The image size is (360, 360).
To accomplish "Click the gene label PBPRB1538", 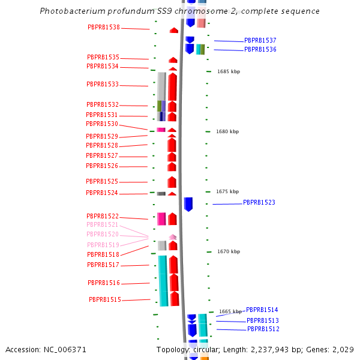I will (104, 28).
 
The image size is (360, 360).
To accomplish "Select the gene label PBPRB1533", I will (103, 85).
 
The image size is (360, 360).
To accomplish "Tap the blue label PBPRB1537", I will (260, 41).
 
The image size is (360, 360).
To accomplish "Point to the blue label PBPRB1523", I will (259, 203).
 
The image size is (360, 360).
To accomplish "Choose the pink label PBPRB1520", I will (103, 235).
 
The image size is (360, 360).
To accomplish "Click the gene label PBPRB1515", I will (105, 300).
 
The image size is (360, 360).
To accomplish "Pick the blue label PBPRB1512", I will (263, 329).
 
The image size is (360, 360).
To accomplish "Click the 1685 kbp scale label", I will (229, 71).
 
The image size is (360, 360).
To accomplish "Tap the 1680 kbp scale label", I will (227, 131).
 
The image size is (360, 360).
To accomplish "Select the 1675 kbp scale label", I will (228, 191).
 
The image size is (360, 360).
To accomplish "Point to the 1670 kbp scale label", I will (229, 251).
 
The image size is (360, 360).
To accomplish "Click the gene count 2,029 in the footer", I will (344, 349).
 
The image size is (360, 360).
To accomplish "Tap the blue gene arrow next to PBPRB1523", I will (188, 204).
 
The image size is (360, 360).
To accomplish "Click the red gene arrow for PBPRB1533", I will (173, 87).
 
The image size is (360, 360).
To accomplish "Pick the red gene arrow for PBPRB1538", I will (174, 30).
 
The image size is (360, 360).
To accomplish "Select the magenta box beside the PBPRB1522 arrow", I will (161, 219).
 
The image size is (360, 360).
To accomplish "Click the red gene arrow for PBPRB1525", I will (172, 182).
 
